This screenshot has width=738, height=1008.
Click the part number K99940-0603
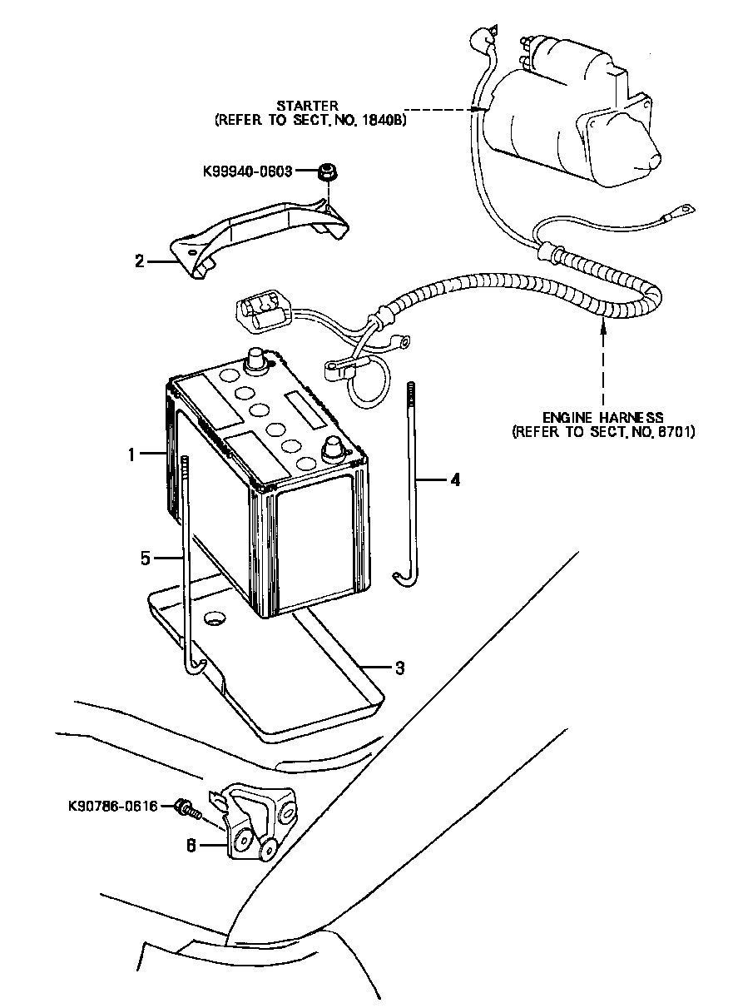(248, 171)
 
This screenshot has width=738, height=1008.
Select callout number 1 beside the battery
(131, 454)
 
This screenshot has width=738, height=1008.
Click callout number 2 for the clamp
(140, 261)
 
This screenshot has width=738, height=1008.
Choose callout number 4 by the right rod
(455, 480)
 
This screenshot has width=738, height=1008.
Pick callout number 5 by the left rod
(146, 559)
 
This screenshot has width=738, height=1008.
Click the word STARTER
(307, 107)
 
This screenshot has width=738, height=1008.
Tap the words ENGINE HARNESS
(602, 417)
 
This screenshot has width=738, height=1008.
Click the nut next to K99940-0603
(328, 172)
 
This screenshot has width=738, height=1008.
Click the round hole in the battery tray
(214, 618)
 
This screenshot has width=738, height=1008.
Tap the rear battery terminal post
(254, 361)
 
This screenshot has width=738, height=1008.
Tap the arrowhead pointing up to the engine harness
(602, 324)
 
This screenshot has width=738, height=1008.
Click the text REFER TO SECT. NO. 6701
(603, 433)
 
